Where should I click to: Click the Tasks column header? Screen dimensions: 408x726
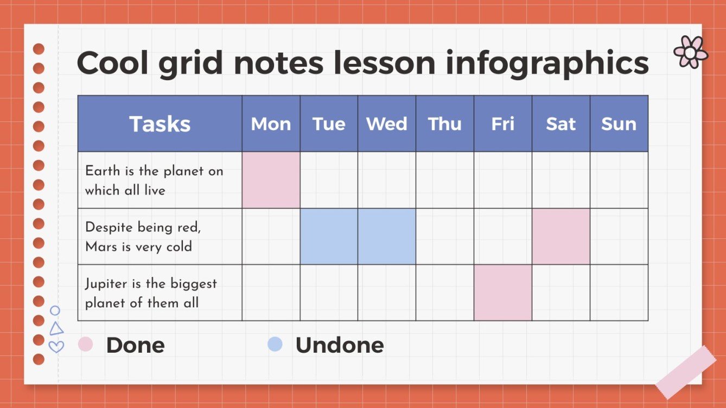pyautogui.click(x=160, y=124)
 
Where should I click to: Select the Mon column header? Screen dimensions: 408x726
pyautogui.click(x=271, y=124)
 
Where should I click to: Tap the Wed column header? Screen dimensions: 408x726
pyautogui.click(x=386, y=124)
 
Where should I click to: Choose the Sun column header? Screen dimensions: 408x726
pyautogui.click(x=619, y=124)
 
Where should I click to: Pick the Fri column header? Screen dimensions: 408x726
pyautogui.click(x=502, y=124)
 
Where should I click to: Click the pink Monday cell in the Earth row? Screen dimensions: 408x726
pyautogui.click(x=271, y=180)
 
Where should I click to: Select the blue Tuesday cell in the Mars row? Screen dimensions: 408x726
pyautogui.click(x=329, y=236)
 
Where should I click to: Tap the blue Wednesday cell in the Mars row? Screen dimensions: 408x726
pyautogui.click(x=386, y=236)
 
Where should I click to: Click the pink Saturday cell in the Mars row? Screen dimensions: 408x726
pyautogui.click(x=561, y=236)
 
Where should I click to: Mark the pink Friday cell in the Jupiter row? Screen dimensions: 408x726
pyautogui.click(x=502, y=293)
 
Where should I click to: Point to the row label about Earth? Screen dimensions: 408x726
pyautogui.click(x=154, y=180)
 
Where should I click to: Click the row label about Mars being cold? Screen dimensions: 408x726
pyautogui.click(x=143, y=237)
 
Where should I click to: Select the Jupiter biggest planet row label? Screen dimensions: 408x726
pyautogui.click(x=150, y=293)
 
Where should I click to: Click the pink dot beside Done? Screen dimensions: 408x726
pyautogui.click(x=86, y=344)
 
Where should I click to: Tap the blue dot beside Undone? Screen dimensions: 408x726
pyautogui.click(x=275, y=344)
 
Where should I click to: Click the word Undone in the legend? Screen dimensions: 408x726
pyautogui.click(x=339, y=345)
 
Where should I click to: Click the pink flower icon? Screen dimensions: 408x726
pyautogui.click(x=690, y=52)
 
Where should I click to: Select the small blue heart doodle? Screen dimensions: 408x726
pyautogui.click(x=56, y=346)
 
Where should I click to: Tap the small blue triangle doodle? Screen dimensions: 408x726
pyautogui.click(x=56, y=329)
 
